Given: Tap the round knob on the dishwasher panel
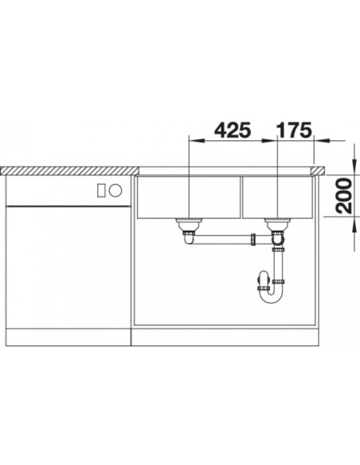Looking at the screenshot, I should pos(115,190).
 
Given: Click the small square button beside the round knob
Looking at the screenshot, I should pos(100,190).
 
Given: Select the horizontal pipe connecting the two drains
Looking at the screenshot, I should pos(223,237).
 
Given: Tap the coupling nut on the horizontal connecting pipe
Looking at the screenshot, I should pos(254,237).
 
